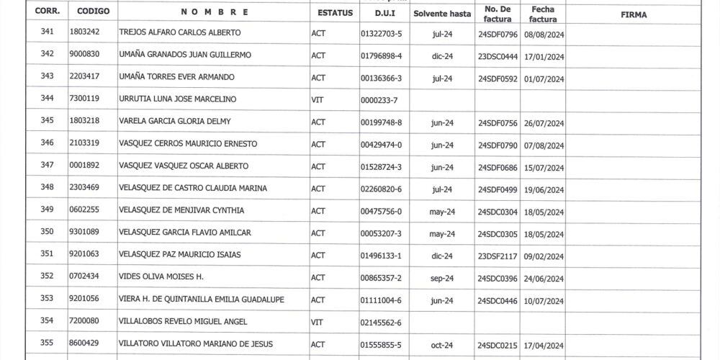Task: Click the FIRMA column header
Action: (633, 14)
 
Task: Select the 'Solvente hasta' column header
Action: (442, 14)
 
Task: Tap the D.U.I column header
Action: (384, 14)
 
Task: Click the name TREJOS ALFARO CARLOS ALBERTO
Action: (179, 33)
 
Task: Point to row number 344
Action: (48, 99)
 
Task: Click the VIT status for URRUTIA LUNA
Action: (317, 99)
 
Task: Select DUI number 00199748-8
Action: (381, 122)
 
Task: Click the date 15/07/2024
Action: (546, 167)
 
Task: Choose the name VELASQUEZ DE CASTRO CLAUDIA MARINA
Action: (192, 189)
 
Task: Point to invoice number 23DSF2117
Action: (498, 256)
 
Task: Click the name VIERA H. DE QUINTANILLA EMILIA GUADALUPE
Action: (206, 300)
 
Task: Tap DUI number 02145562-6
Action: (381, 323)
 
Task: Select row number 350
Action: (48, 233)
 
